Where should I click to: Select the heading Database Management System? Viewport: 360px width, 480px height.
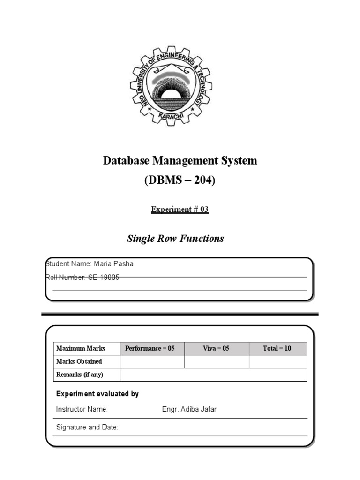(x=180, y=161)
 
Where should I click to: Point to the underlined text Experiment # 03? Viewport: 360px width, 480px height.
(x=180, y=210)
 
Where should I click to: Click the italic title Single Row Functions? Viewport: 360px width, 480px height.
(x=175, y=239)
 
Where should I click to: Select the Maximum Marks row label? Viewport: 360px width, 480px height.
(x=81, y=348)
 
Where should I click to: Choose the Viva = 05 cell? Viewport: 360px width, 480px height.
(x=216, y=348)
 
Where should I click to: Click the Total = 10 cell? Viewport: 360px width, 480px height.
(x=277, y=348)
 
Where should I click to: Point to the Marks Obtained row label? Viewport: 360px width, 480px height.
(x=79, y=361)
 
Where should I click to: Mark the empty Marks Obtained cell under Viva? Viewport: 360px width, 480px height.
(x=216, y=361)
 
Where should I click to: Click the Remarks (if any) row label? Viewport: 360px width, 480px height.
(x=80, y=375)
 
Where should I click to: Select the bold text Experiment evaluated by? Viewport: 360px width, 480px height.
(x=97, y=394)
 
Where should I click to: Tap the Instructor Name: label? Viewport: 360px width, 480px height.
(x=82, y=409)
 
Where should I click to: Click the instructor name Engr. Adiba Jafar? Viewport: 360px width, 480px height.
(x=189, y=409)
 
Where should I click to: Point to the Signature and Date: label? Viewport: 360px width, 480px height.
(x=87, y=427)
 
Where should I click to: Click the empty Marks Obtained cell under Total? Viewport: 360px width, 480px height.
(x=277, y=361)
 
